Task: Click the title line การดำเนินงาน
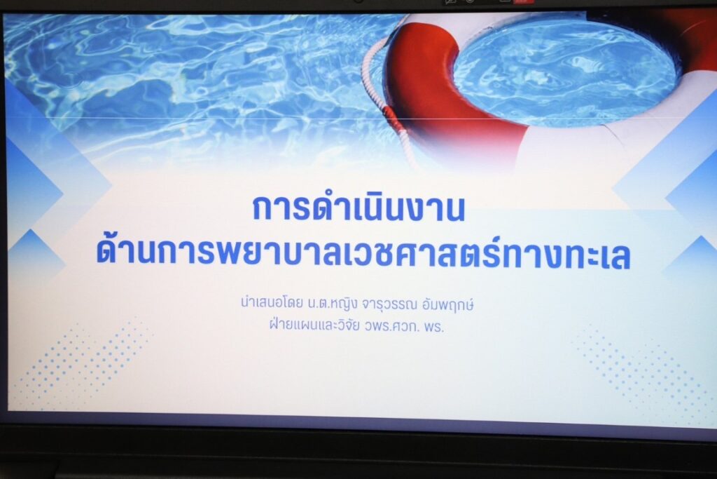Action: click(358, 208)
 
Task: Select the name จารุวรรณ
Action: click(389, 304)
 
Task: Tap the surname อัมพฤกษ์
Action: click(448, 304)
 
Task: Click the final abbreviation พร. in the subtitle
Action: click(434, 328)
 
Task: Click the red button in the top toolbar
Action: click(523, 1)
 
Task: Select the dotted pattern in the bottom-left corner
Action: click(83, 362)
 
